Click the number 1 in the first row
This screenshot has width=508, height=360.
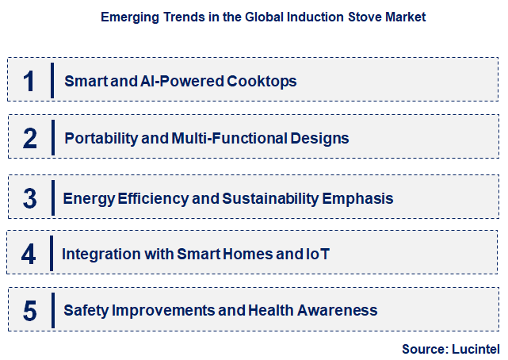tap(29, 80)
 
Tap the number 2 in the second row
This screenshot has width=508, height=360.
tap(29, 138)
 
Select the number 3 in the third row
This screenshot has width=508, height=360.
tap(29, 197)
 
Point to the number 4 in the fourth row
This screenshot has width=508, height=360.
tap(29, 254)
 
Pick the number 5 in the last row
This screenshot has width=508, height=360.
tap(29, 310)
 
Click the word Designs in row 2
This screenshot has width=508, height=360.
tap(321, 138)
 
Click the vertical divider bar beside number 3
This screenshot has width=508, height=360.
tap(52, 197)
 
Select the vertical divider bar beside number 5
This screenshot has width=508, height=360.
tap(52, 310)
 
